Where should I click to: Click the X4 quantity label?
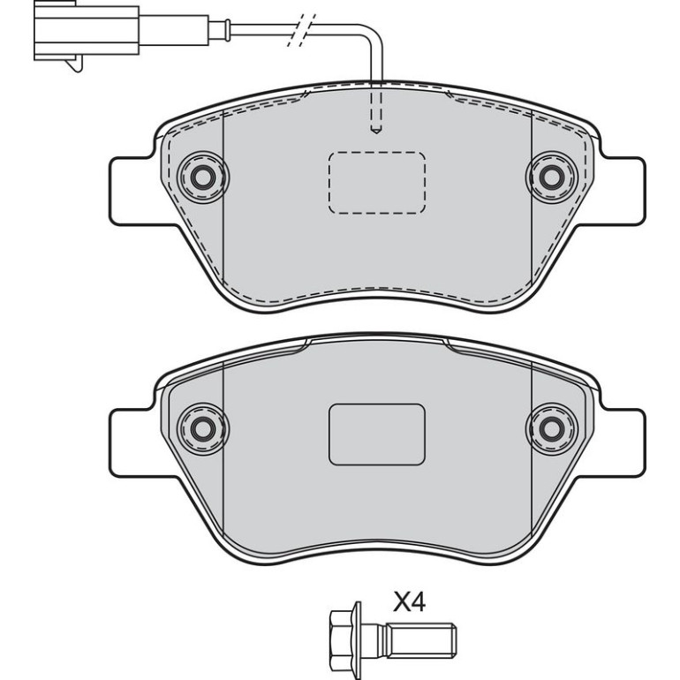click(x=410, y=602)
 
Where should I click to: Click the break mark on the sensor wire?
click(x=301, y=30)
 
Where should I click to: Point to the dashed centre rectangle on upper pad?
click(x=376, y=183)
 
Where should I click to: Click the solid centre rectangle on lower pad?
click(x=376, y=434)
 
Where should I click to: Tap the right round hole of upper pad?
click(x=552, y=177)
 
